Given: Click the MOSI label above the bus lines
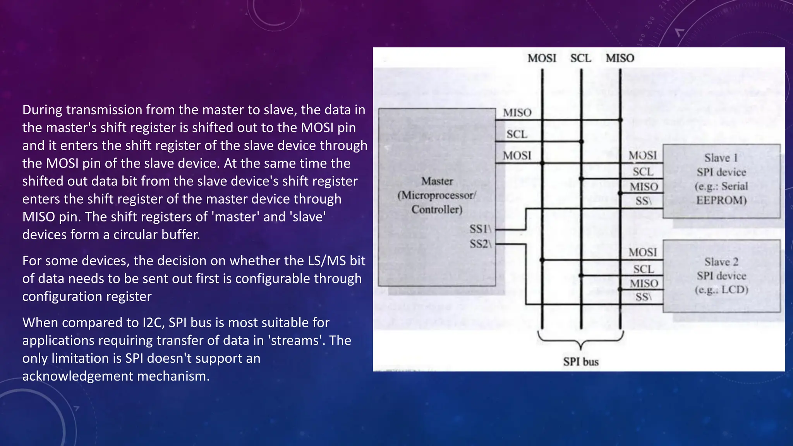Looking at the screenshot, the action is coord(542,58).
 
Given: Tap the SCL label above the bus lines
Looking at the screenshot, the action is coord(580,58).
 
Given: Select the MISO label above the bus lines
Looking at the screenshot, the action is coord(620,58).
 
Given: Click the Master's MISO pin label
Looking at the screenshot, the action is coord(517,113).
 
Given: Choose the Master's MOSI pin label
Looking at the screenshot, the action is coord(517,156).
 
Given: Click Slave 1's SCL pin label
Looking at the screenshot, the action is coord(643,172).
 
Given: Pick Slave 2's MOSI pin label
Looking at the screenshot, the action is coord(643,252).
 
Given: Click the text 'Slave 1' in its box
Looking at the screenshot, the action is coord(721,158).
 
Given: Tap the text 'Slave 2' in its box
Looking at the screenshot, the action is coord(721,262).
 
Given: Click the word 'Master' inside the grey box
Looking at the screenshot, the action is coord(437,181).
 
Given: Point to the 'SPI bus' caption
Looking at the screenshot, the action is coord(581,362).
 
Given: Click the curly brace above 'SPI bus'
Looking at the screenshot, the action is coord(581,340).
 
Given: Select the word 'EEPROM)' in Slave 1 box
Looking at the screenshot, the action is coord(721,200).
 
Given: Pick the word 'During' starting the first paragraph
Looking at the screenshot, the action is coord(42,110).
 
